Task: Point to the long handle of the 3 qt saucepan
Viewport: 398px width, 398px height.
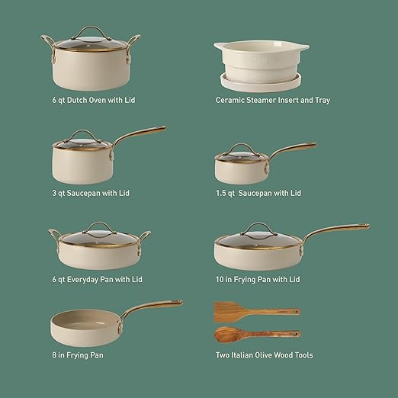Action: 140,138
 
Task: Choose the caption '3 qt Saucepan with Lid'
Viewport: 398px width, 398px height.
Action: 91,193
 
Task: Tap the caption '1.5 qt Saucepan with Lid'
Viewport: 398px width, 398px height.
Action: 258,193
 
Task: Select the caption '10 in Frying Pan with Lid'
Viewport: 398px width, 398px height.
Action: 258,280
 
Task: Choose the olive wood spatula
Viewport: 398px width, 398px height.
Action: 255,310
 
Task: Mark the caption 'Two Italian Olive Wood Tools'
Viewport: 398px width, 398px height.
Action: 264,355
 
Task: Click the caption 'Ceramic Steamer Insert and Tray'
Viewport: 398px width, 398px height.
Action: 272,100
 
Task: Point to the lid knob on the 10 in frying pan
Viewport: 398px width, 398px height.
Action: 253,226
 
